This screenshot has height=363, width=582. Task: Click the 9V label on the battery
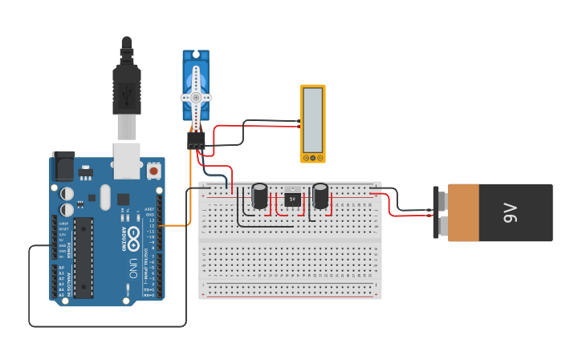click(x=510, y=212)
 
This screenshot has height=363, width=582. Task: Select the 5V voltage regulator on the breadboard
click(x=292, y=198)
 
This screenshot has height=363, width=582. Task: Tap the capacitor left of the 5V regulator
click(x=260, y=196)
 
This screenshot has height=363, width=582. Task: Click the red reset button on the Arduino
click(x=153, y=171)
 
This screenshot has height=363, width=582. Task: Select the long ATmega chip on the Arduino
click(x=83, y=257)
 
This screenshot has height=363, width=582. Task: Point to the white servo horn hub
click(x=195, y=97)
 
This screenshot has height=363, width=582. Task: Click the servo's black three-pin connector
click(x=196, y=140)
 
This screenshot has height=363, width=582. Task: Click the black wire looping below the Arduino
click(x=104, y=326)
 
